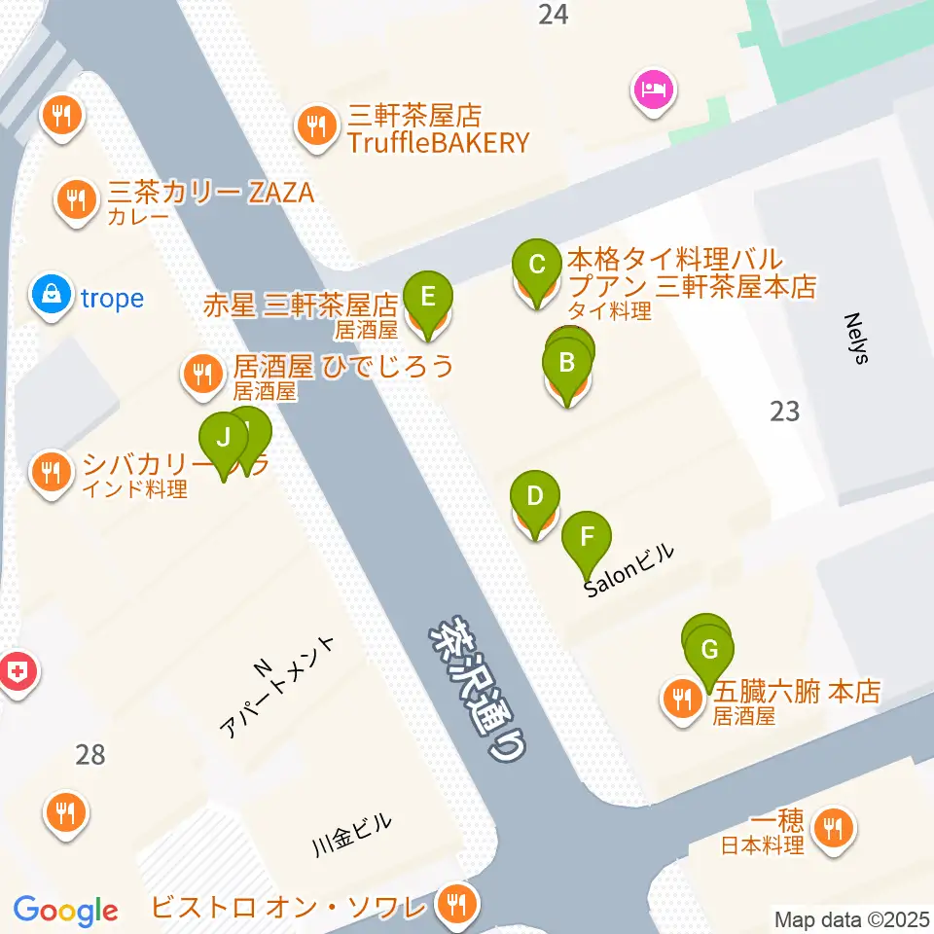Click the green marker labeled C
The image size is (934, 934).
(535, 264)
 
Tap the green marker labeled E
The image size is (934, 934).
(428, 293)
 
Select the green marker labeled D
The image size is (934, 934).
(534, 495)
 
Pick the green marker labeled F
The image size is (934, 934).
(587, 536)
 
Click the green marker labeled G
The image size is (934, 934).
(710, 649)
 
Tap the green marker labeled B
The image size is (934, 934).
(566, 366)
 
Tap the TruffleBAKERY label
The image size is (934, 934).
(441, 143)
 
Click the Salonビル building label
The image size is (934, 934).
(629, 575)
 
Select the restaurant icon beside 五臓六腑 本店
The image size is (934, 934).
(682, 699)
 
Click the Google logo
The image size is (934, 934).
(66, 911)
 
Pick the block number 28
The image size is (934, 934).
(90, 754)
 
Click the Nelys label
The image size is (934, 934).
(856, 338)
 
